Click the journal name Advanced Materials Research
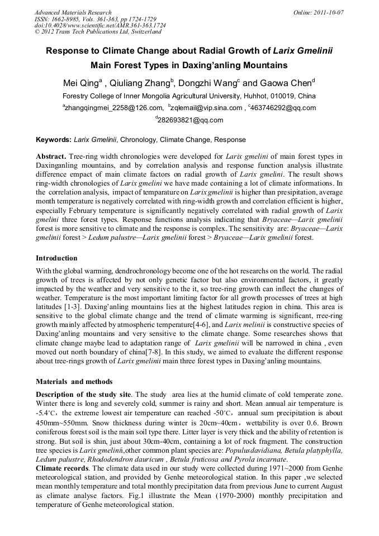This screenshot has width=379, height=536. pos(73,12)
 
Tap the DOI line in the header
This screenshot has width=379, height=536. pos(100,26)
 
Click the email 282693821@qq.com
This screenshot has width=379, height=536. pos(191,120)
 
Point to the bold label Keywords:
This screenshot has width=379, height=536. pos(54,139)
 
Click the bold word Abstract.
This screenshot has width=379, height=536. pos(51,156)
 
